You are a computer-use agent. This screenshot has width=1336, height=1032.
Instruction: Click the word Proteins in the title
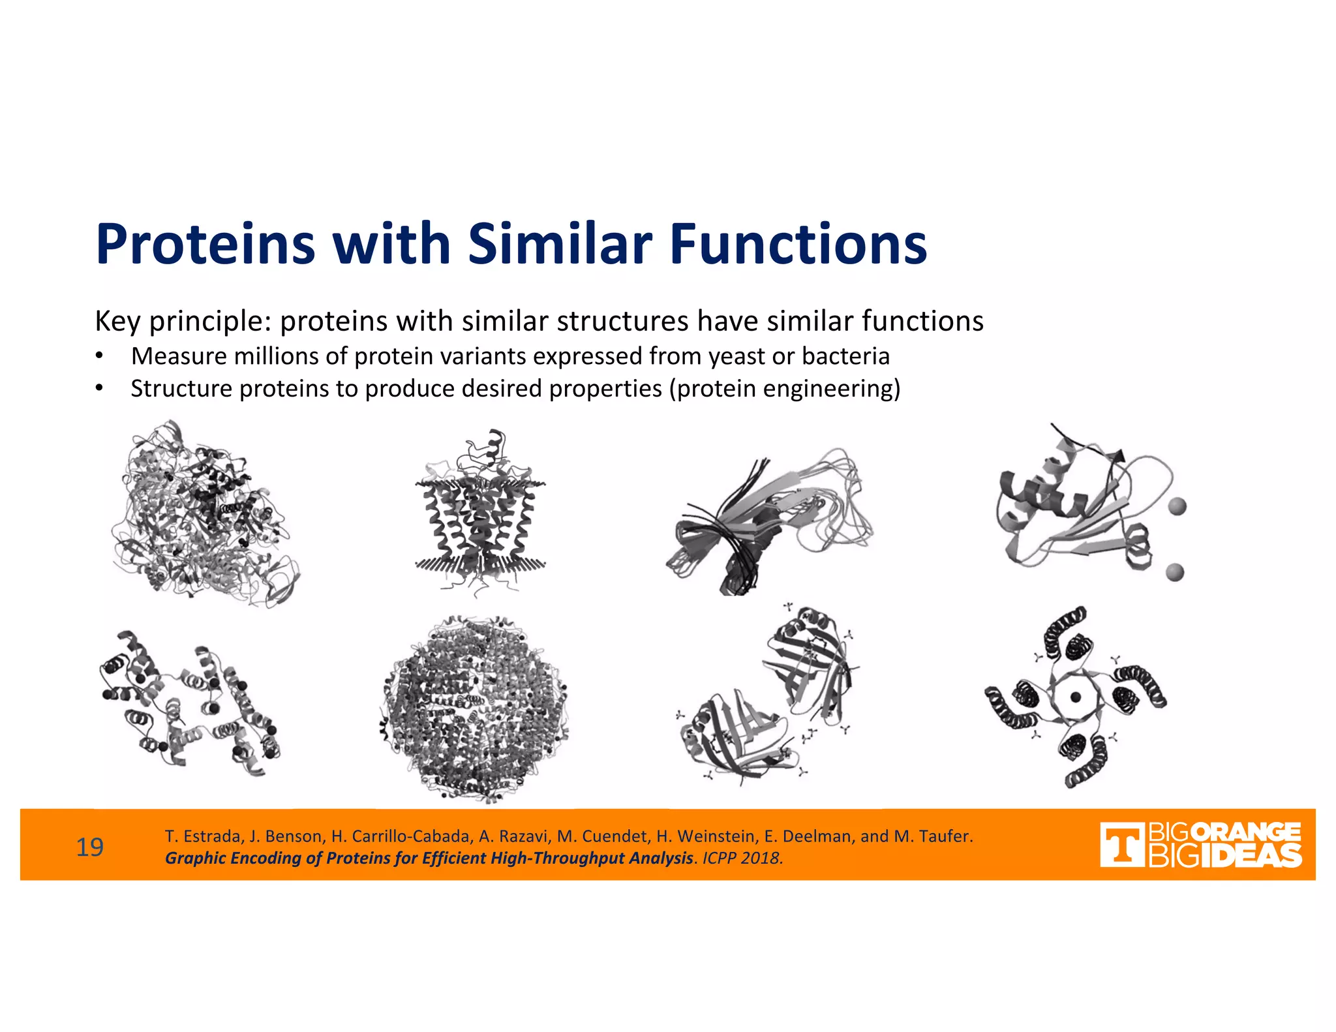[205, 244]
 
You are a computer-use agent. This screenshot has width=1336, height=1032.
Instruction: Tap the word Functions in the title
[798, 244]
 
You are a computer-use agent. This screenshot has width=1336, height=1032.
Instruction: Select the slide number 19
[90, 847]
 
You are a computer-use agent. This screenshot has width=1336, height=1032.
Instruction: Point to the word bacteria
[845, 357]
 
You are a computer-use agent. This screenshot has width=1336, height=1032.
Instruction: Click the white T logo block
[1121, 845]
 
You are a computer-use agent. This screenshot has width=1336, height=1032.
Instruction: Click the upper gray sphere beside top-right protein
[1177, 506]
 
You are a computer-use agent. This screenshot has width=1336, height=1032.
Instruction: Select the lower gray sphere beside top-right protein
[1174, 572]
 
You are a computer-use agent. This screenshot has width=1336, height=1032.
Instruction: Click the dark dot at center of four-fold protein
[1076, 697]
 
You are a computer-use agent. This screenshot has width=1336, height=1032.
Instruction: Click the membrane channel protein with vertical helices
[480, 515]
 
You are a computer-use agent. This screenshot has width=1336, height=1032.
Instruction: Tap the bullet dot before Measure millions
[99, 357]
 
